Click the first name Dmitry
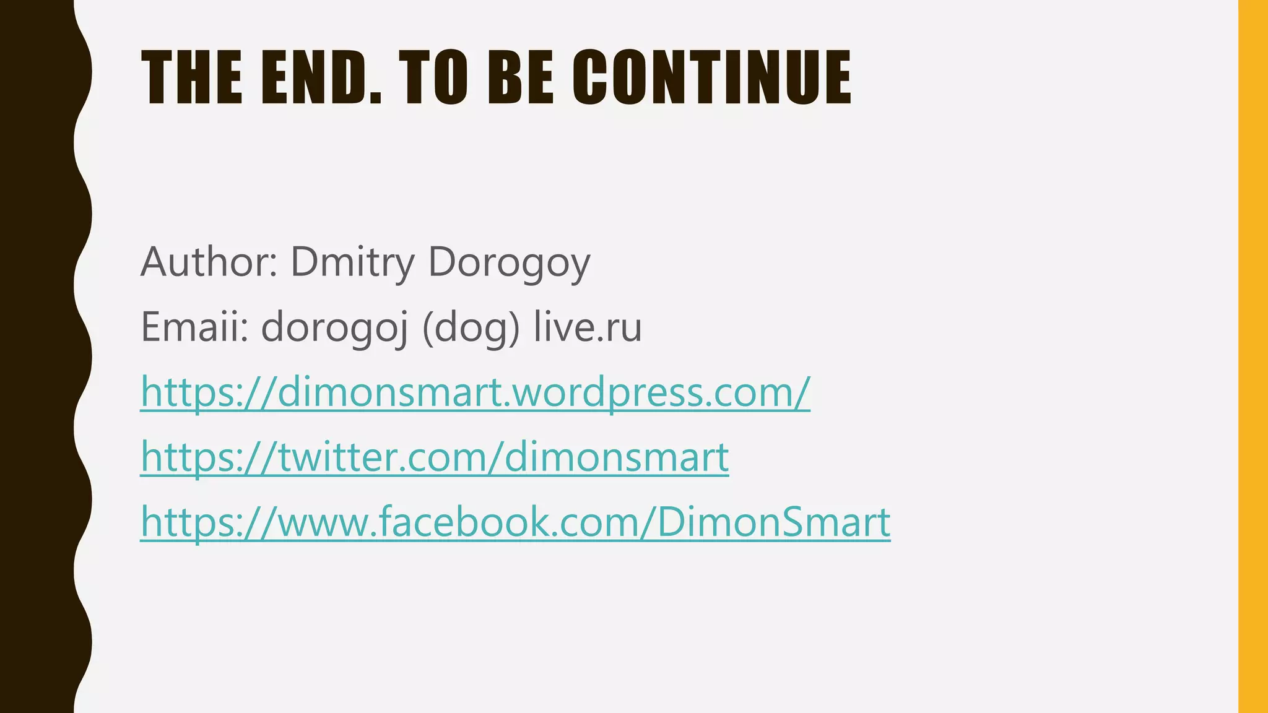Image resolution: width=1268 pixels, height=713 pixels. coord(352,263)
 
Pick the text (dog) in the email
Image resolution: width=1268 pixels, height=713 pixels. coord(471,329)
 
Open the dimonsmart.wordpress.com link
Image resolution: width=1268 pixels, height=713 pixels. coord(475,392)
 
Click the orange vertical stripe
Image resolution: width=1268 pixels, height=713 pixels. coord(1253,356)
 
